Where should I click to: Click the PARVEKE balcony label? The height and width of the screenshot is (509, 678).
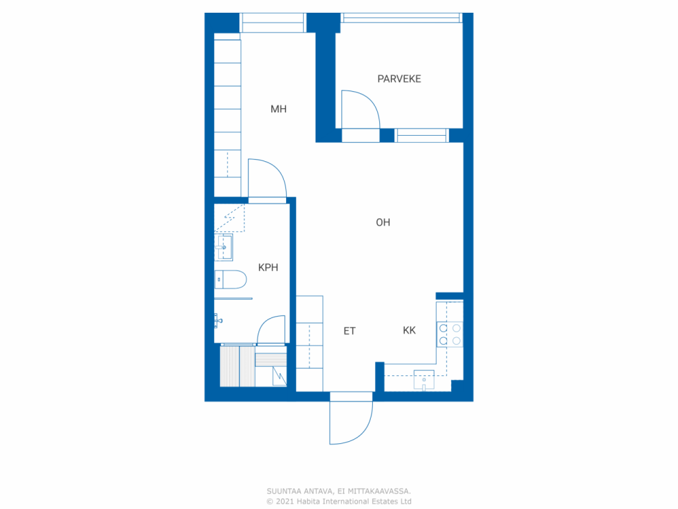(399, 79)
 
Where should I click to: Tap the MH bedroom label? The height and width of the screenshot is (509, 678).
(279, 109)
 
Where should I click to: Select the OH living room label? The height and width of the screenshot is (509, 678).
(383, 222)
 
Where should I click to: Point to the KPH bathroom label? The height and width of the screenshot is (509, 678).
(268, 267)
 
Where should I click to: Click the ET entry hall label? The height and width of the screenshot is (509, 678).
(350, 331)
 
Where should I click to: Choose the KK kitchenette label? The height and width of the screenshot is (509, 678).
(409, 330)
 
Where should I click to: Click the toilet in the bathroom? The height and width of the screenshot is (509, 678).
(230, 279)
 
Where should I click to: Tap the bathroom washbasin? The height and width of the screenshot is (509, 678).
(224, 247)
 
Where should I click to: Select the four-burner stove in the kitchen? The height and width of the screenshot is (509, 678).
(450, 335)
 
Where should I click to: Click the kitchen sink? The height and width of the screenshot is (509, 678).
(424, 380)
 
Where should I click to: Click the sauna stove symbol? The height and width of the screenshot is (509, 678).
(280, 376)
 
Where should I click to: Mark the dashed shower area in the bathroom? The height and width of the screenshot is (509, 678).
(229, 218)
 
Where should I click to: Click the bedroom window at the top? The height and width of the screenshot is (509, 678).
(273, 23)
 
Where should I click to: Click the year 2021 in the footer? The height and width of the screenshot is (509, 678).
(285, 501)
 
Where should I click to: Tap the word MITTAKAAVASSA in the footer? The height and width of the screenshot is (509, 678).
(379, 491)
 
